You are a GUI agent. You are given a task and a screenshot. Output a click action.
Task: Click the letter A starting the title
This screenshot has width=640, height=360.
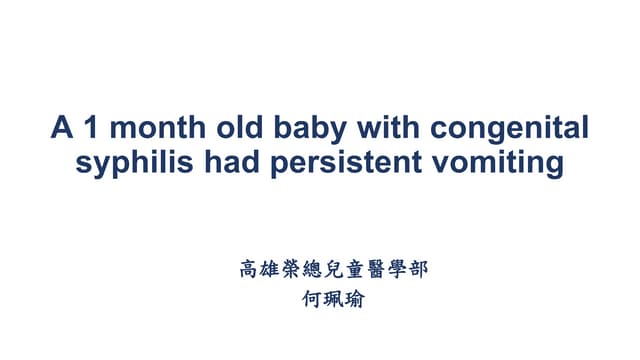62,130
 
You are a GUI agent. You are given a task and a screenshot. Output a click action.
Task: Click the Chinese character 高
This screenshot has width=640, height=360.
249,269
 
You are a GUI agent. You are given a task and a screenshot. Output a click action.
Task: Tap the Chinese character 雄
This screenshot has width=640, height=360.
272,269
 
